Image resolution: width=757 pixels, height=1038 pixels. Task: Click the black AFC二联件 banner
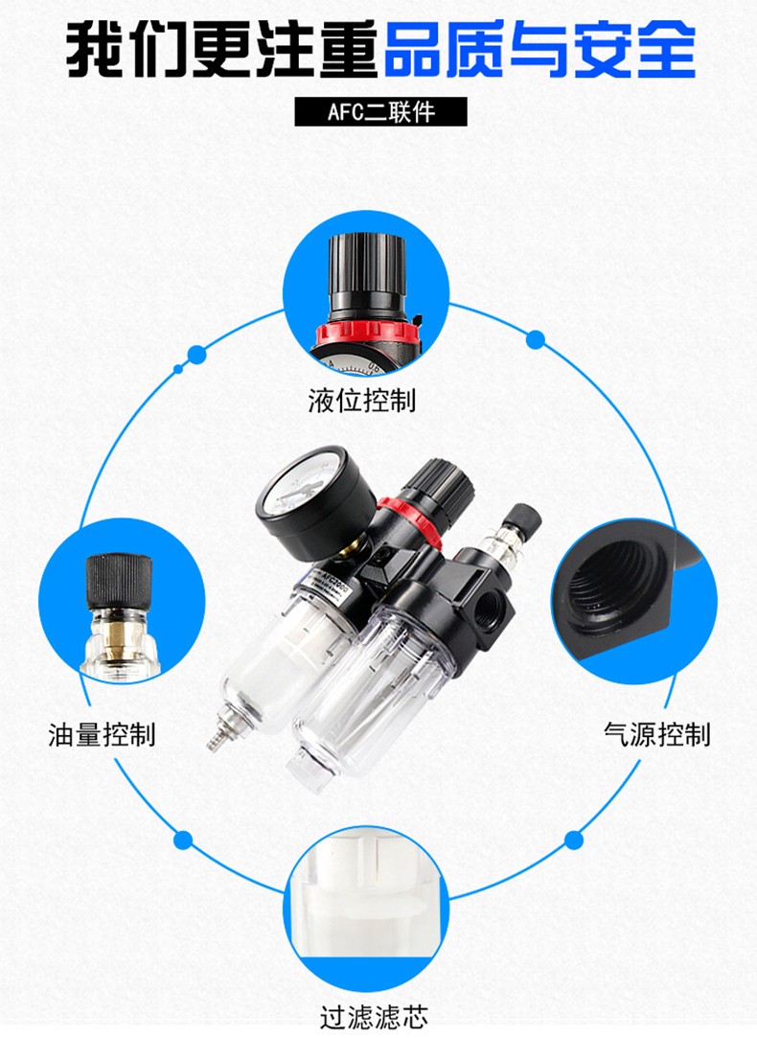(x=380, y=112)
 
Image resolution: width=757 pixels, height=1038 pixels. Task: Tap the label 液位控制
(x=362, y=401)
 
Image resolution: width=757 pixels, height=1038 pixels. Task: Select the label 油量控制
(x=102, y=735)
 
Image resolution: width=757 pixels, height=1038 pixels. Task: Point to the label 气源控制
(x=657, y=734)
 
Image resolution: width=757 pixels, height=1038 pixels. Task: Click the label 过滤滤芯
(x=374, y=1016)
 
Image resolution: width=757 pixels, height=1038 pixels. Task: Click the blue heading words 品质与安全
(x=539, y=50)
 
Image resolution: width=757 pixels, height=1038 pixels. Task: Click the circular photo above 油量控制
(x=122, y=603)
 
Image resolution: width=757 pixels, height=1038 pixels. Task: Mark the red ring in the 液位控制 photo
(x=367, y=333)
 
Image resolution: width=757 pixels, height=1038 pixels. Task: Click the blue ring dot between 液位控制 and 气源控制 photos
(x=536, y=340)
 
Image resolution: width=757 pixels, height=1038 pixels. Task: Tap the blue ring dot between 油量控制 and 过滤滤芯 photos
(x=183, y=840)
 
